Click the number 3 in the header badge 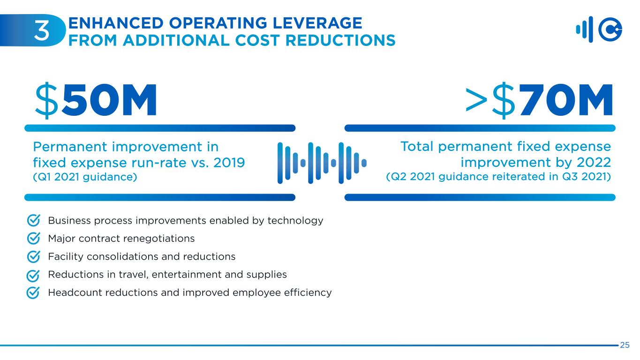click(x=42, y=30)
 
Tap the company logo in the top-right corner click(x=599, y=30)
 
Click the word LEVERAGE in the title click(x=317, y=23)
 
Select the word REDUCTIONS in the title click(x=340, y=40)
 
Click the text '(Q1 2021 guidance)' click(x=85, y=177)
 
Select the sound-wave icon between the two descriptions click(x=322, y=163)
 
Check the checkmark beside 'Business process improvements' click(x=33, y=220)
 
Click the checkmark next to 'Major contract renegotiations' click(x=33, y=238)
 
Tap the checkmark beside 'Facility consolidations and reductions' click(x=33, y=256)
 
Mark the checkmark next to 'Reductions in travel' click(x=33, y=276)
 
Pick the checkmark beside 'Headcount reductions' click(x=33, y=293)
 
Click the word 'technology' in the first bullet click(x=295, y=221)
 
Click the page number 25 click(x=625, y=345)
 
